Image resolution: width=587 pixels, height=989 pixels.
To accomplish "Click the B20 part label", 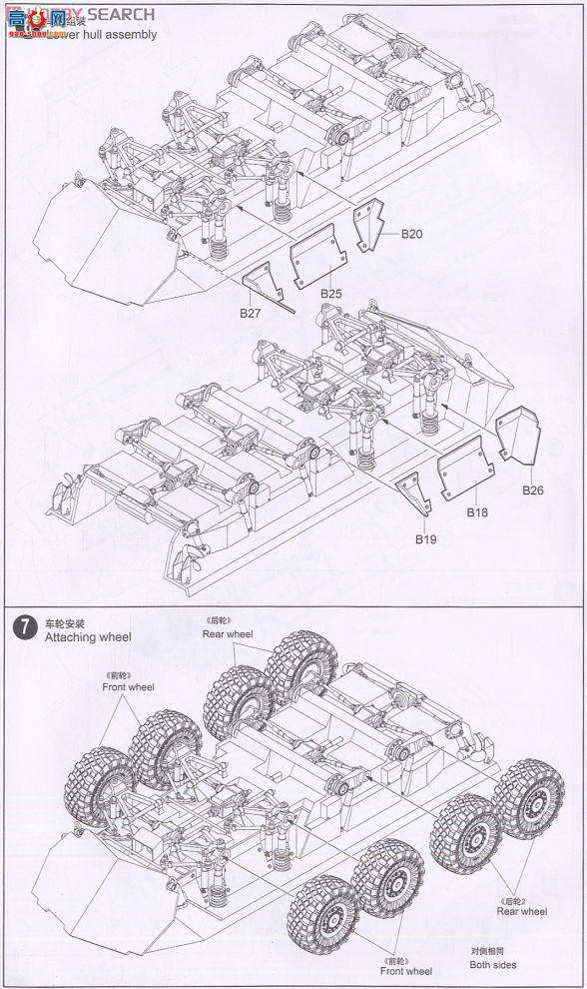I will coord(412,234).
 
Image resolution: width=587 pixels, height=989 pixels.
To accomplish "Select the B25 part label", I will coord(332,294).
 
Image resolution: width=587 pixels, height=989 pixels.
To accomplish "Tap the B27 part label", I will coord(251,313).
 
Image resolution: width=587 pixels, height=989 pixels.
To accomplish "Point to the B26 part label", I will coord(533,491).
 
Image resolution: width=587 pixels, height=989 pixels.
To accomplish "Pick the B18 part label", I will coord(477,511).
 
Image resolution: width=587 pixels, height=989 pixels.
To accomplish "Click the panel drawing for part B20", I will coord(373,225).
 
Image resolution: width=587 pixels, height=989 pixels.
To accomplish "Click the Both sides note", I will coord(495,965).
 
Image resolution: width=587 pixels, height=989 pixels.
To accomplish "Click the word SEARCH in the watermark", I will coord(119,14).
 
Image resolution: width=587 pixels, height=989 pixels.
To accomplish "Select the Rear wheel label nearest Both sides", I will coord(521,910).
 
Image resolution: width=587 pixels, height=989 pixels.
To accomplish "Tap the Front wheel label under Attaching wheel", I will coord(129,687).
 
